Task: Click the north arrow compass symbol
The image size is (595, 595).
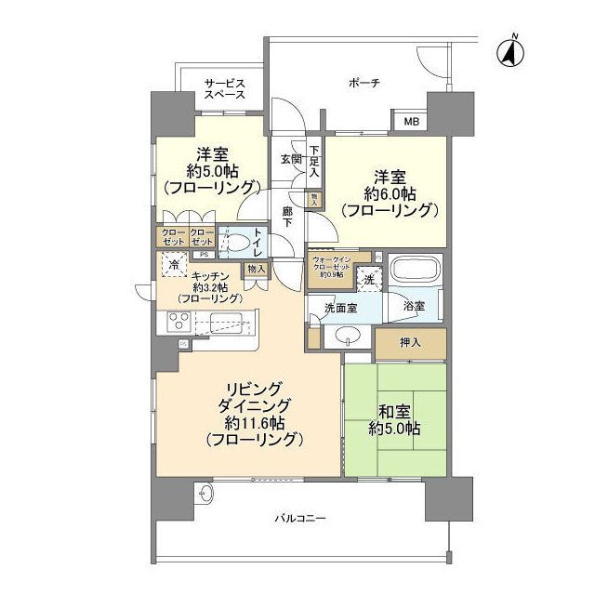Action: pos(509,51)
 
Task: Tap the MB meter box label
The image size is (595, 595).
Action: pos(409,121)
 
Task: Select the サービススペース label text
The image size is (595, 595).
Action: pos(224,89)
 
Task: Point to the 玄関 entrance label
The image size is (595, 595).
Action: pos(290,159)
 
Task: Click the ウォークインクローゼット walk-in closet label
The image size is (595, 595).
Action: pos(333,266)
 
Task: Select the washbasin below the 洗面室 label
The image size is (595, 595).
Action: pos(346,336)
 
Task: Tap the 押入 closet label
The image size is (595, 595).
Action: pos(410,342)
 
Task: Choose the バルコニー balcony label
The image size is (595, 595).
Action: pos(299,517)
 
